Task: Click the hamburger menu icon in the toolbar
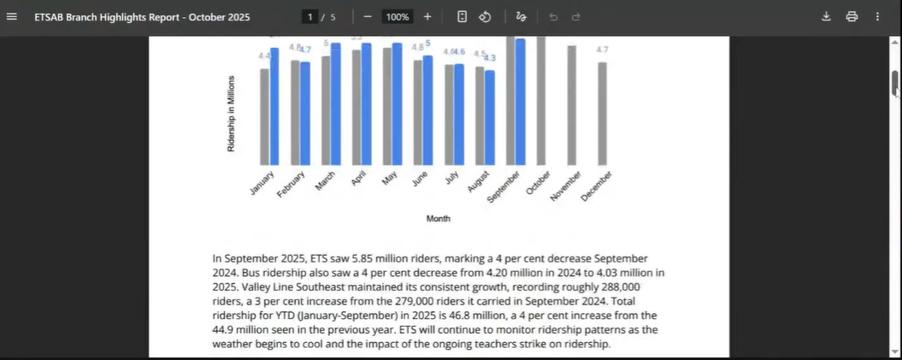click(12, 16)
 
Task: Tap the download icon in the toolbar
click(826, 16)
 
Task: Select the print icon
click(852, 16)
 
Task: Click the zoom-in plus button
click(427, 16)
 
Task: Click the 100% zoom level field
click(397, 16)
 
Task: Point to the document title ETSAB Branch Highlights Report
click(142, 16)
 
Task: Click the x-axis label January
click(262, 183)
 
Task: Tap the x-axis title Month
click(438, 219)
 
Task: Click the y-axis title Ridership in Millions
click(231, 114)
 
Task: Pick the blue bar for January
click(274, 107)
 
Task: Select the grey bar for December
click(602, 114)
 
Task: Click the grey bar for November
click(571, 105)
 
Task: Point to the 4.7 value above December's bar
click(602, 50)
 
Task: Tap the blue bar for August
click(489, 117)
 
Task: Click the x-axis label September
click(504, 186)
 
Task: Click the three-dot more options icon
click(877, 16)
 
